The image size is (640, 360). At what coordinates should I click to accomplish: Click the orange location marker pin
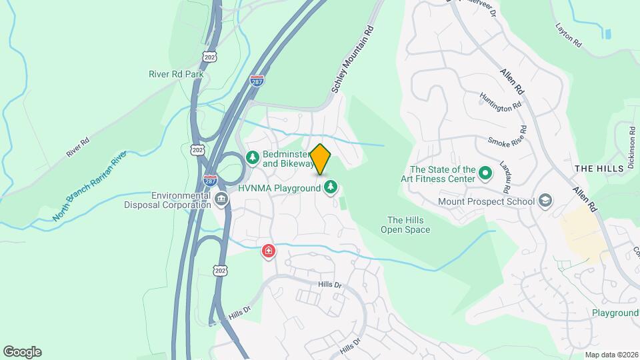click(x=321, y=159)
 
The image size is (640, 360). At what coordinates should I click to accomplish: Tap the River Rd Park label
click(x=176, y=74)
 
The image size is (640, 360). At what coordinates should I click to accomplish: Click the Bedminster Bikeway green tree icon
click(x=253, y=157)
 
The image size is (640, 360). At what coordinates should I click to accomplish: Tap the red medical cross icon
click(x=268, y=251)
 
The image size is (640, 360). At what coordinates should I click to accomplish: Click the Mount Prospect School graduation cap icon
click(x=545, y=201)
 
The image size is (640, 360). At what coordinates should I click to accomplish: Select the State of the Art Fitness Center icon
click(x=485, y=175)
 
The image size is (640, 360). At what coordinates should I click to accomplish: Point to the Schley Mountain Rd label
click(x=351, y=61)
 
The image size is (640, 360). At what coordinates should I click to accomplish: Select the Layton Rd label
click(x=569, y=36)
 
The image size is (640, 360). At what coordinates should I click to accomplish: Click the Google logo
click(x=22, y=351)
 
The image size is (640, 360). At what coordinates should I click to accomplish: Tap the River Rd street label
click(x=77, y=148)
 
